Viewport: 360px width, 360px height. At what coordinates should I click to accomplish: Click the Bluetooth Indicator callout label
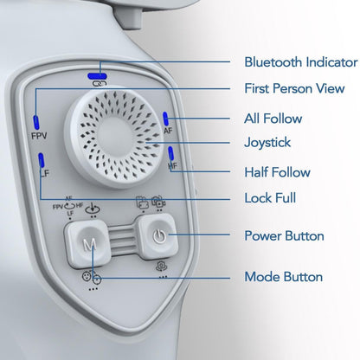[x=301, y=62]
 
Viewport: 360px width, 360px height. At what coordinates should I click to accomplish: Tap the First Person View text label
[x=294, y=88]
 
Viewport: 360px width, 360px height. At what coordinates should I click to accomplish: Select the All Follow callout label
[x=273, y=119]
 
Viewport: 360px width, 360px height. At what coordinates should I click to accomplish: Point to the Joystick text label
[x=267, y=143]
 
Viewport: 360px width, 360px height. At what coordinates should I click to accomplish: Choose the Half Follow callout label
[x=277, y=172]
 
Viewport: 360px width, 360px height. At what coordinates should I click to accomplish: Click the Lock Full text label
[x=270, y=198]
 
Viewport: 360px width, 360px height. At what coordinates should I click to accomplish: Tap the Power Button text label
[x=284, y=235]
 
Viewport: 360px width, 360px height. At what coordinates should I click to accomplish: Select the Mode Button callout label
[x=284, y=277]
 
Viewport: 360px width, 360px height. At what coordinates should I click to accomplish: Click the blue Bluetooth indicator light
[x=98, y=76]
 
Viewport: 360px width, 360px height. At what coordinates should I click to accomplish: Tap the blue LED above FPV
[x=36, y=122]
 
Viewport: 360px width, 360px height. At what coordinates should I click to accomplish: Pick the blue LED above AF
[x=165, y=119]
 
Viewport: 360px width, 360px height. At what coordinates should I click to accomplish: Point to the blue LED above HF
[x=170, y=153]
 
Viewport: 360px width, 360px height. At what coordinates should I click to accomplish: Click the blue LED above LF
[x=42, y=160]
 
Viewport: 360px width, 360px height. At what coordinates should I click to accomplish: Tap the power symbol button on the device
[x=159, y=236]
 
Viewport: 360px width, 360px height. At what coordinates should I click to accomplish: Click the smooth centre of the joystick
[x=115, y=137]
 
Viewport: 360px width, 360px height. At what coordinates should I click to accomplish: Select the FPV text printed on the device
[x=39, y=136]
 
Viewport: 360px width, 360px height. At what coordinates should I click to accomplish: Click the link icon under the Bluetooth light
[x=100, y=84]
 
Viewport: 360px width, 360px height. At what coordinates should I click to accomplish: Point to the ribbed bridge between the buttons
[x=122, y=240]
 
